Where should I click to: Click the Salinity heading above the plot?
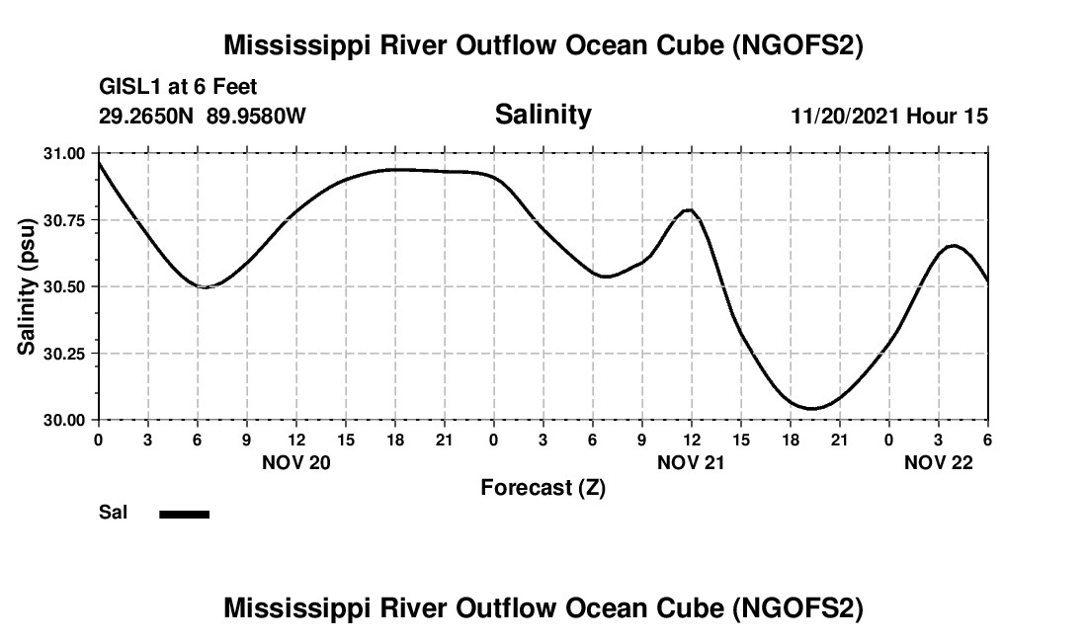(x=543, y=115)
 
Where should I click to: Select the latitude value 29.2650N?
(x=148, y=117)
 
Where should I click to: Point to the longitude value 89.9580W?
(x=256, y=117)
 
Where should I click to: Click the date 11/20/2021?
(x=844, y=117)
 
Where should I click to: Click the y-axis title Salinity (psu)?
(x=27, y=286)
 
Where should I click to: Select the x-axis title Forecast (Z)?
(x=543, y=487)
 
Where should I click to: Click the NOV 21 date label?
(x=692, y=461)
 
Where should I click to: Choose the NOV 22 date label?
(x=939, y=461)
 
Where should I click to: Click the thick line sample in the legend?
(x=184, y=514)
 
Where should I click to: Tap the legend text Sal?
(x=112, y=514)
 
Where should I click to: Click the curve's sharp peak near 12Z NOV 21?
(x=690, y=210)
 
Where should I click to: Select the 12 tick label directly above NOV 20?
(x=295, y=440)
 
